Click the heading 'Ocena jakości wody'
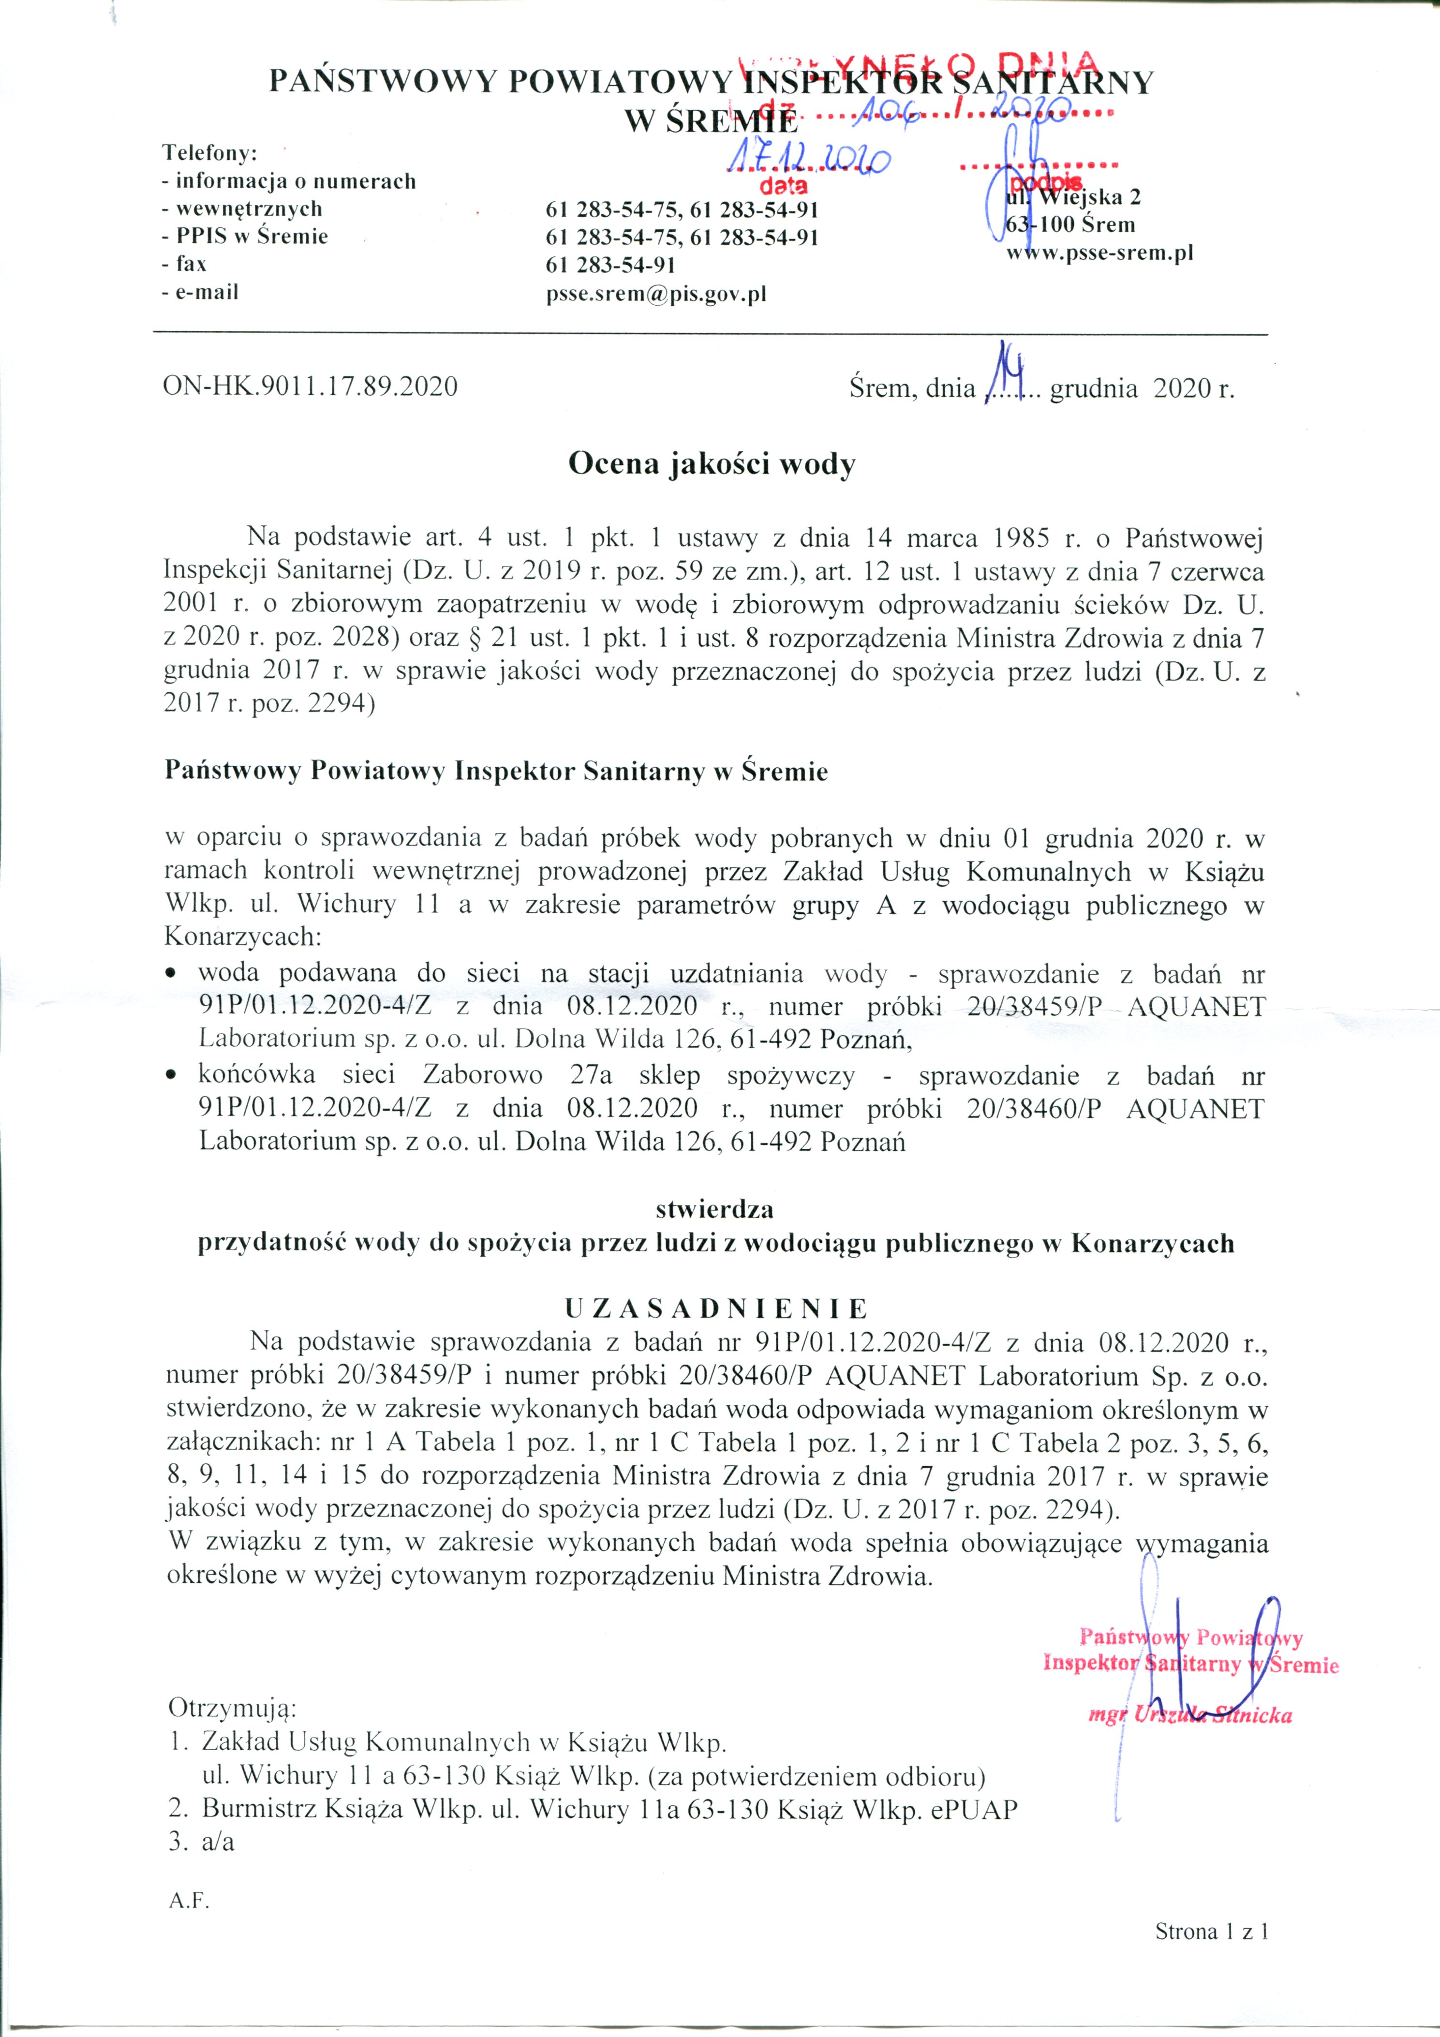712,464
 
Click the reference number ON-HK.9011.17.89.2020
311,387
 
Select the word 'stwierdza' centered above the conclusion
715,1209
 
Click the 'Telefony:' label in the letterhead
209,152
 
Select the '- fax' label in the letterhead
185,264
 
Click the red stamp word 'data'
784,186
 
